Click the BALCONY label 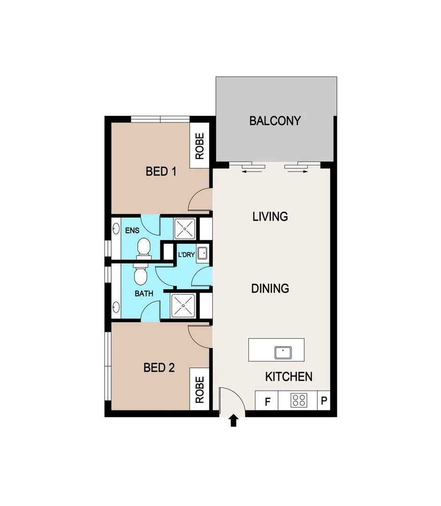click(275, 121)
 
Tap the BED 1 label click(161, 171)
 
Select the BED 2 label click(159, 368)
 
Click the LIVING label click(270, 216)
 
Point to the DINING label click(270, 288)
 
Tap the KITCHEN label click(289, 377)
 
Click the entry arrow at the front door click(234, 421)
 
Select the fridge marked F click(268, 402)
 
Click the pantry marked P click(324, 401)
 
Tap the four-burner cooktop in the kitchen click(299, 401)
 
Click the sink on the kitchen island click(284, 351)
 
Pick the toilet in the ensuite click(143, 247)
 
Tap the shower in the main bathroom click(183, 306)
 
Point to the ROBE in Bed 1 click(199, 146)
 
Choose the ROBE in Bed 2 click(199, 390)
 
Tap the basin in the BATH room click(116, 307)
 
